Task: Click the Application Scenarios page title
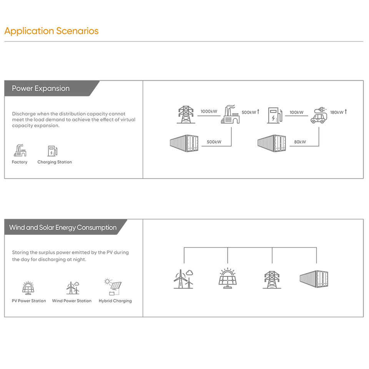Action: click(52, 31)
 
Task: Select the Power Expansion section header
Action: click(41, 88)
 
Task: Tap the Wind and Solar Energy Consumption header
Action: click(63, 228)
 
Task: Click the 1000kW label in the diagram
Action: click(209, 112)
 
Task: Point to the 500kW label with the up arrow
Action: click(251, 112)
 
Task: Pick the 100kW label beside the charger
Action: click(296, 113)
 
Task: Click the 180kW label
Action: click(338, 112)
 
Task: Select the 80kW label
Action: click(300, 142)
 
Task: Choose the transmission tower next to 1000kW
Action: click(186, 115)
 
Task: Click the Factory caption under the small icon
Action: click(20, 162)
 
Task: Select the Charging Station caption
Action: click(55, 162)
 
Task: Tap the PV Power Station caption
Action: click(29, 301)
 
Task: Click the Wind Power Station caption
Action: click(72, 301)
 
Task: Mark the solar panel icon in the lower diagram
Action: click(228, 278)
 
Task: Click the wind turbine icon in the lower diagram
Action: click(183, 279)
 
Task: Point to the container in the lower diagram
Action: click(314, 279)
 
